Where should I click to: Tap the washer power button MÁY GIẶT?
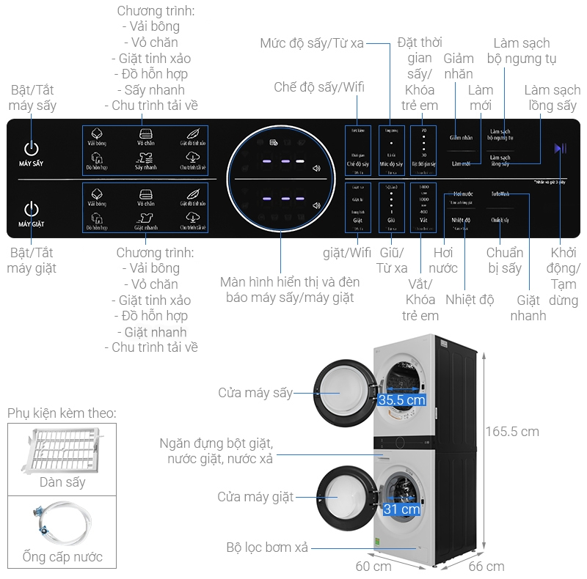point(32,210)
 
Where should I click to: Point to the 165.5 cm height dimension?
point(512,431)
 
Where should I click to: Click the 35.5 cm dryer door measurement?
point(401,400)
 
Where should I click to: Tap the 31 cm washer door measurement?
point(401,509)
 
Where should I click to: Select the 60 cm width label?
point(373,566)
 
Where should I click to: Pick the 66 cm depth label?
point(486,566)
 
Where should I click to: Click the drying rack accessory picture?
point(62,450)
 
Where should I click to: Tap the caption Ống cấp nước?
point(62,556)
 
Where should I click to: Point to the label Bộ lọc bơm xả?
point(267,547)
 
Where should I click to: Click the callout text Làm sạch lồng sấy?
point(551,97)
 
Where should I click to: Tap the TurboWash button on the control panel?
point(500,194)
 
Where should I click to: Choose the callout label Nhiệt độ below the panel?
point(470,299)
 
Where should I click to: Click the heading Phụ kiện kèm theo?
point(62,413)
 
